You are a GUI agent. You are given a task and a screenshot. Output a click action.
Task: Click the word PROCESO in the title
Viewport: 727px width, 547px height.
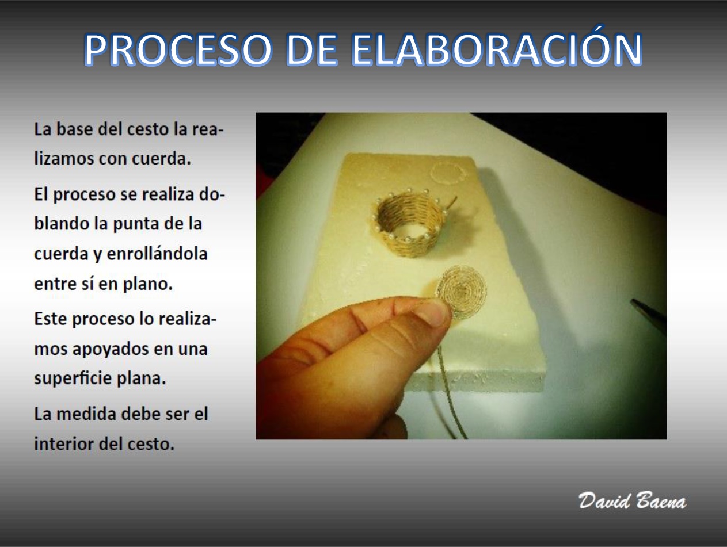[178, 49]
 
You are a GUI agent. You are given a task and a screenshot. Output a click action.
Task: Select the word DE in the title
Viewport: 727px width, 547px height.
[311, 49]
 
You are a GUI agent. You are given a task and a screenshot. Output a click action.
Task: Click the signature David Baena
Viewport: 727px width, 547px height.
[632, 500]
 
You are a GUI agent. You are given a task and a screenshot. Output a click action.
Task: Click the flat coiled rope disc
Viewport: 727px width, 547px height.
[462, 292]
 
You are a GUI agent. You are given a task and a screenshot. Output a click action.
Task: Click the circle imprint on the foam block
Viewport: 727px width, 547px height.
[448, 173]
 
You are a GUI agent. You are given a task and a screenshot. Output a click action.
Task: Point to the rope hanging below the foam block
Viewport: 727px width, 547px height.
[451, 394]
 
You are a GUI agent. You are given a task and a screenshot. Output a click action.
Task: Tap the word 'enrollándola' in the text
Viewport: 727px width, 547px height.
[157, 254]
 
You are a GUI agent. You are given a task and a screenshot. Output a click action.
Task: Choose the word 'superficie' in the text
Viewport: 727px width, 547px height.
[73, 378]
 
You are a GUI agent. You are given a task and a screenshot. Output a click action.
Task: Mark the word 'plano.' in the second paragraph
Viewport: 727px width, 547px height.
[148, 284]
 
